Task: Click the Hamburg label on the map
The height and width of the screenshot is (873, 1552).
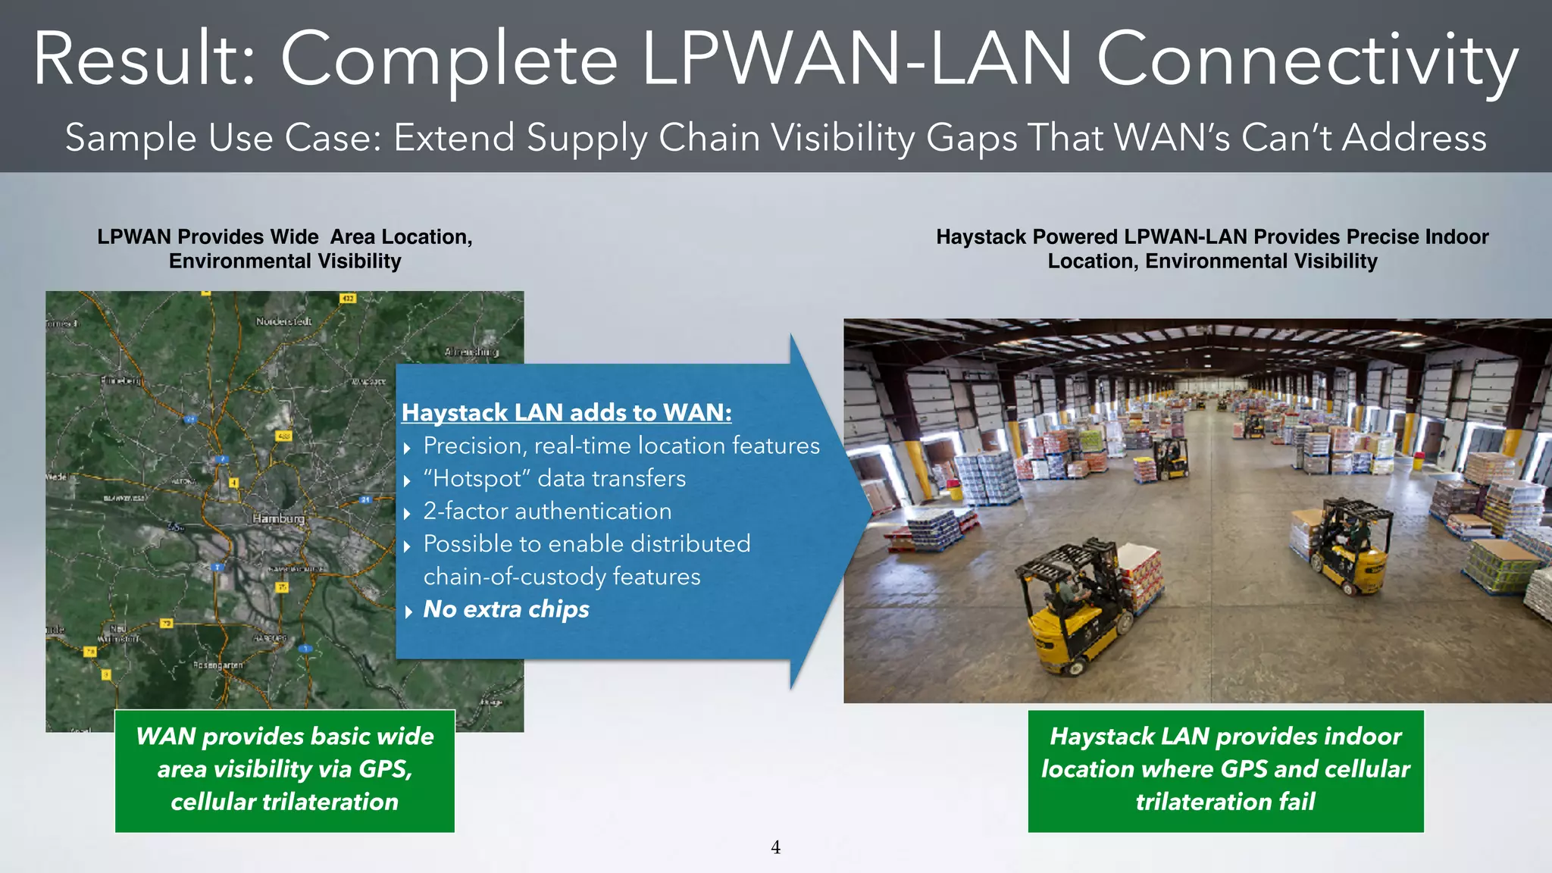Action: tap(279, 518)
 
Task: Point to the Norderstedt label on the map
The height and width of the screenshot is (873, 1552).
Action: tap(283, 321)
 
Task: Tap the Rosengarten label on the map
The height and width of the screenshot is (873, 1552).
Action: tap(217, 665)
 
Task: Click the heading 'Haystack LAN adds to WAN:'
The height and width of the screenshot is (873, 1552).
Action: tap(566, 412)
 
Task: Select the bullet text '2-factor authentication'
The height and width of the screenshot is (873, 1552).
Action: tap(547, 511)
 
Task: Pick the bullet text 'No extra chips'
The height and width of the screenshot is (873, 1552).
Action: tap(505, 609)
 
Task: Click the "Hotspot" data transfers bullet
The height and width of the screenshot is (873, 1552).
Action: tap(554, 478)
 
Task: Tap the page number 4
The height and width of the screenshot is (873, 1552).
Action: tap(775, 847)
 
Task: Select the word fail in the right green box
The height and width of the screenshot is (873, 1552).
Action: tap(1297, 801)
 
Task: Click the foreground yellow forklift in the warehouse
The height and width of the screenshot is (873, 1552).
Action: tap(1076, 606)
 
